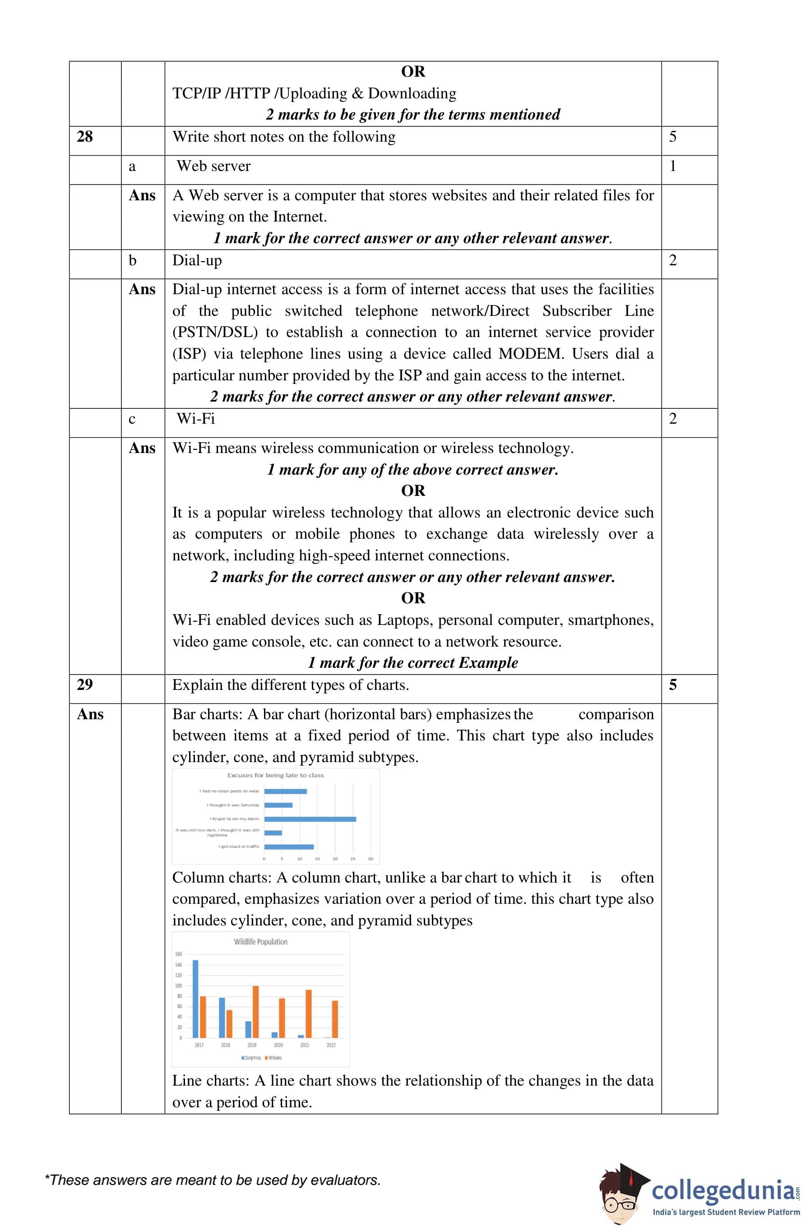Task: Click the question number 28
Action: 85,137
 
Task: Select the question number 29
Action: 85,685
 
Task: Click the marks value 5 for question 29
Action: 672,685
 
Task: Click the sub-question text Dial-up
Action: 197,260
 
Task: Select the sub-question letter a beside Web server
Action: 132,166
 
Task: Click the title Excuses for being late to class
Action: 276,775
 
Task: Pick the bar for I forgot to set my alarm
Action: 310,819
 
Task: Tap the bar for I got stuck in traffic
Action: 288,846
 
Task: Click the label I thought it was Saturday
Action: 233,805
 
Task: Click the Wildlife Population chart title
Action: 260,942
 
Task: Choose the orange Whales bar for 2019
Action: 255,1012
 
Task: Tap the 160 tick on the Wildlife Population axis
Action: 178,954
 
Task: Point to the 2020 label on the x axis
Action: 278,1045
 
